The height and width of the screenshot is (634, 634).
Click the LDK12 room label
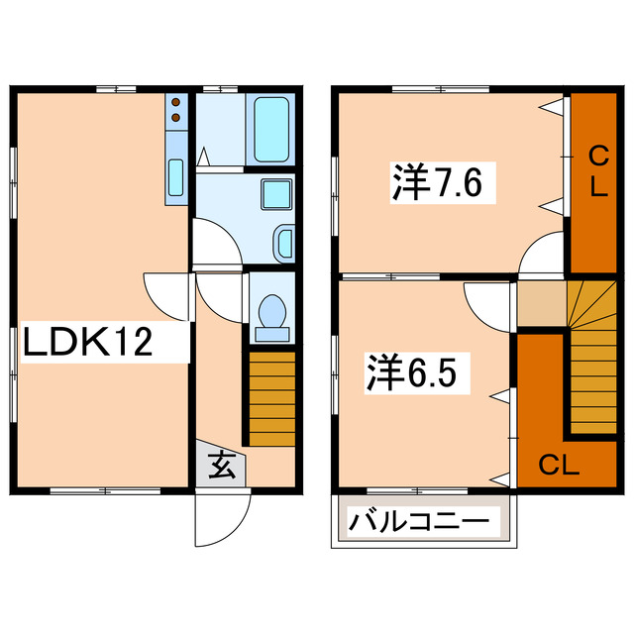pos(88,343)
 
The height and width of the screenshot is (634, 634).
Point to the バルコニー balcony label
pos(421,520)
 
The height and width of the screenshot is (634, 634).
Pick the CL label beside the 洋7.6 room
pos(598,171)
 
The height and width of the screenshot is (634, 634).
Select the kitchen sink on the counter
pos(175,176)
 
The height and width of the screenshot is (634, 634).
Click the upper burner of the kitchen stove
pos(175,101)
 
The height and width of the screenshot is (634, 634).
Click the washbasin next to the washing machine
pos(281,241)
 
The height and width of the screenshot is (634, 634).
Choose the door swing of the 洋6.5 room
pos(488,302)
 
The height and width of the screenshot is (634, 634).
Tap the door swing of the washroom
pos(214,242)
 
